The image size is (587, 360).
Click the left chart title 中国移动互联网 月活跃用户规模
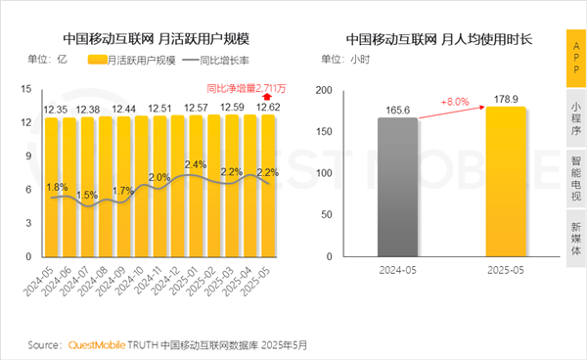click(x=156, y=39)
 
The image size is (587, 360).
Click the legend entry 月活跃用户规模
click(x=135, y=61)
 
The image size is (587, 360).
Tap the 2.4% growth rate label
click(x=195, y=164)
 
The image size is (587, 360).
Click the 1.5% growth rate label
click(x=86, y=196)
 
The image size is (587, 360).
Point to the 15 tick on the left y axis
click(x=32, y=89)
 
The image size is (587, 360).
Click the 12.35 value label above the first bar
click(x=57, y=106)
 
